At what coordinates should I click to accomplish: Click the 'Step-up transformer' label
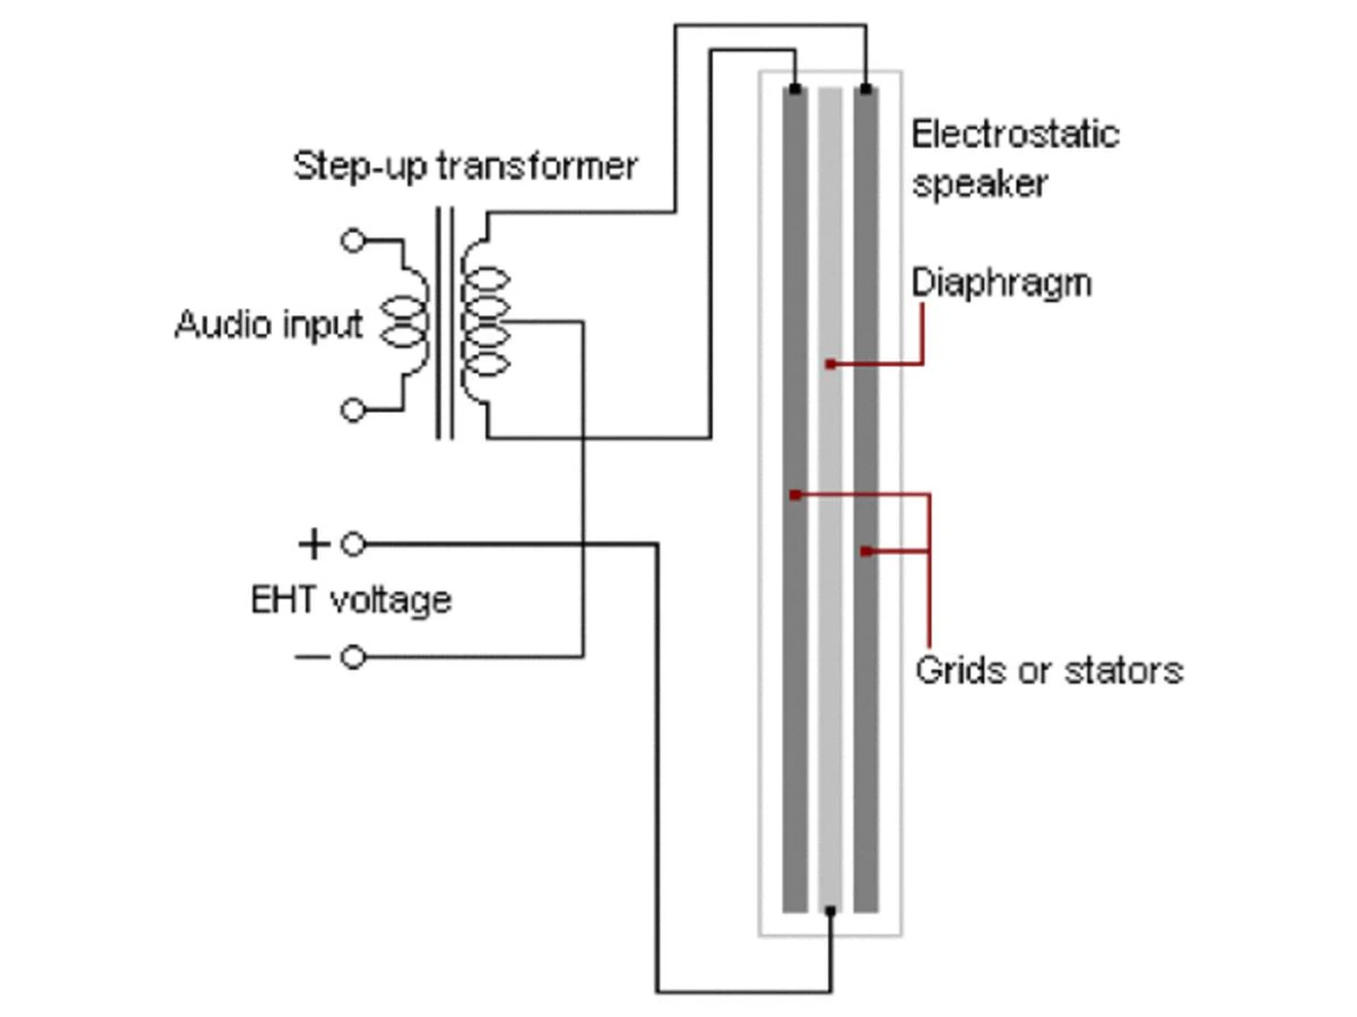[465, 167]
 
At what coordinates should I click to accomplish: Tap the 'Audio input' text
[269, 325]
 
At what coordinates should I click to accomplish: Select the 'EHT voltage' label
[351, 600]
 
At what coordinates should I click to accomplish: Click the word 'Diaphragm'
[1001, 283]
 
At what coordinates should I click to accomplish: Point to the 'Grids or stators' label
[1049, 670]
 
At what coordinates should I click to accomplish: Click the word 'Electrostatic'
[1015, 134]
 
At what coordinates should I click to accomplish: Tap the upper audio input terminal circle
[353, 240]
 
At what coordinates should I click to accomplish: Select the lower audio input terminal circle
[353, 410]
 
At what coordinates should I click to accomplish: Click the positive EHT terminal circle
[353, 544]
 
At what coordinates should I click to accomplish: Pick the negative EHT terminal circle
[353, 658]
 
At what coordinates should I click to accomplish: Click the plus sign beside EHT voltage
[314, 544]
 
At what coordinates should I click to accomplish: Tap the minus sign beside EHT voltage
[312, 658]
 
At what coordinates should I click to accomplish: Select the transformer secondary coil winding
[485, 322]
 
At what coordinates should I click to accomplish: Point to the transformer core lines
[445, 322]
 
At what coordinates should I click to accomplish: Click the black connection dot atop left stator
[795, 90]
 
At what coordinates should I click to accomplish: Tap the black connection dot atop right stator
[867, 90]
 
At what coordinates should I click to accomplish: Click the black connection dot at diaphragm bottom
[830, 912]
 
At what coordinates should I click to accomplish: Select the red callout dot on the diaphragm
[831, 364]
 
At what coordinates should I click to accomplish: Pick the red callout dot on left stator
[795, 495]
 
